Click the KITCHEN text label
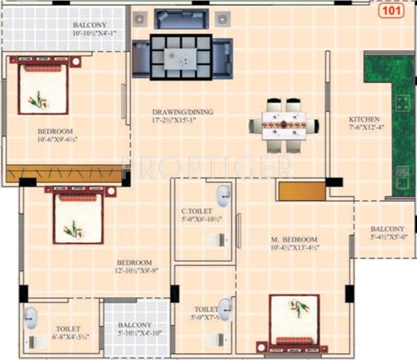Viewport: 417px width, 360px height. click(x=365, y=119)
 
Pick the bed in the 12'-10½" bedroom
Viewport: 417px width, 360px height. click(x=78, y=217)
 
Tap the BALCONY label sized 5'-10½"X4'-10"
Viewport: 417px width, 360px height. click(x=134, y=327)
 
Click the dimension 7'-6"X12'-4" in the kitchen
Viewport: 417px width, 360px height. click(x=365, y=128)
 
